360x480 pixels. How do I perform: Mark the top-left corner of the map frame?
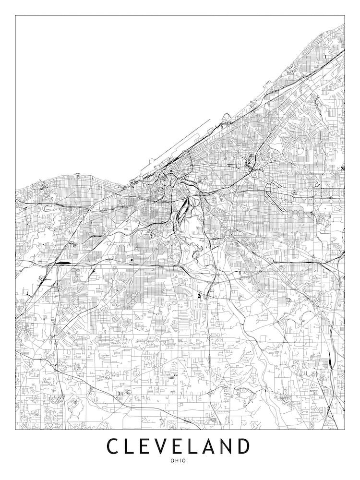(x=15, y=15)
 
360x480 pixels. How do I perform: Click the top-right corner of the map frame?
(x=345, y=15)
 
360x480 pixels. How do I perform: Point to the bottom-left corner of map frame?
(x=15, y=429)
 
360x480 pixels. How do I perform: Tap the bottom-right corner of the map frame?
(x=345, y=429)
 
